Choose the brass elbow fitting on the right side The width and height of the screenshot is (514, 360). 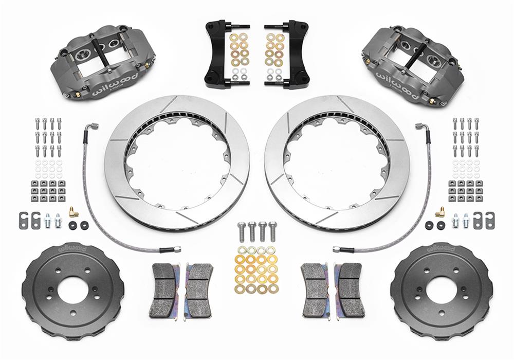pos(440,211)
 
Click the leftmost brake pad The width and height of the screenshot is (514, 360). pos(164,291)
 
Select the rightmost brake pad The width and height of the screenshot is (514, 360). pos(350,291)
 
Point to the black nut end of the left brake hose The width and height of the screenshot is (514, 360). pos(170,249)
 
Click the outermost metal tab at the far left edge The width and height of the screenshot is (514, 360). pos(23,220)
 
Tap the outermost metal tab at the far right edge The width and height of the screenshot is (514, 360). pos(490,220)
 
